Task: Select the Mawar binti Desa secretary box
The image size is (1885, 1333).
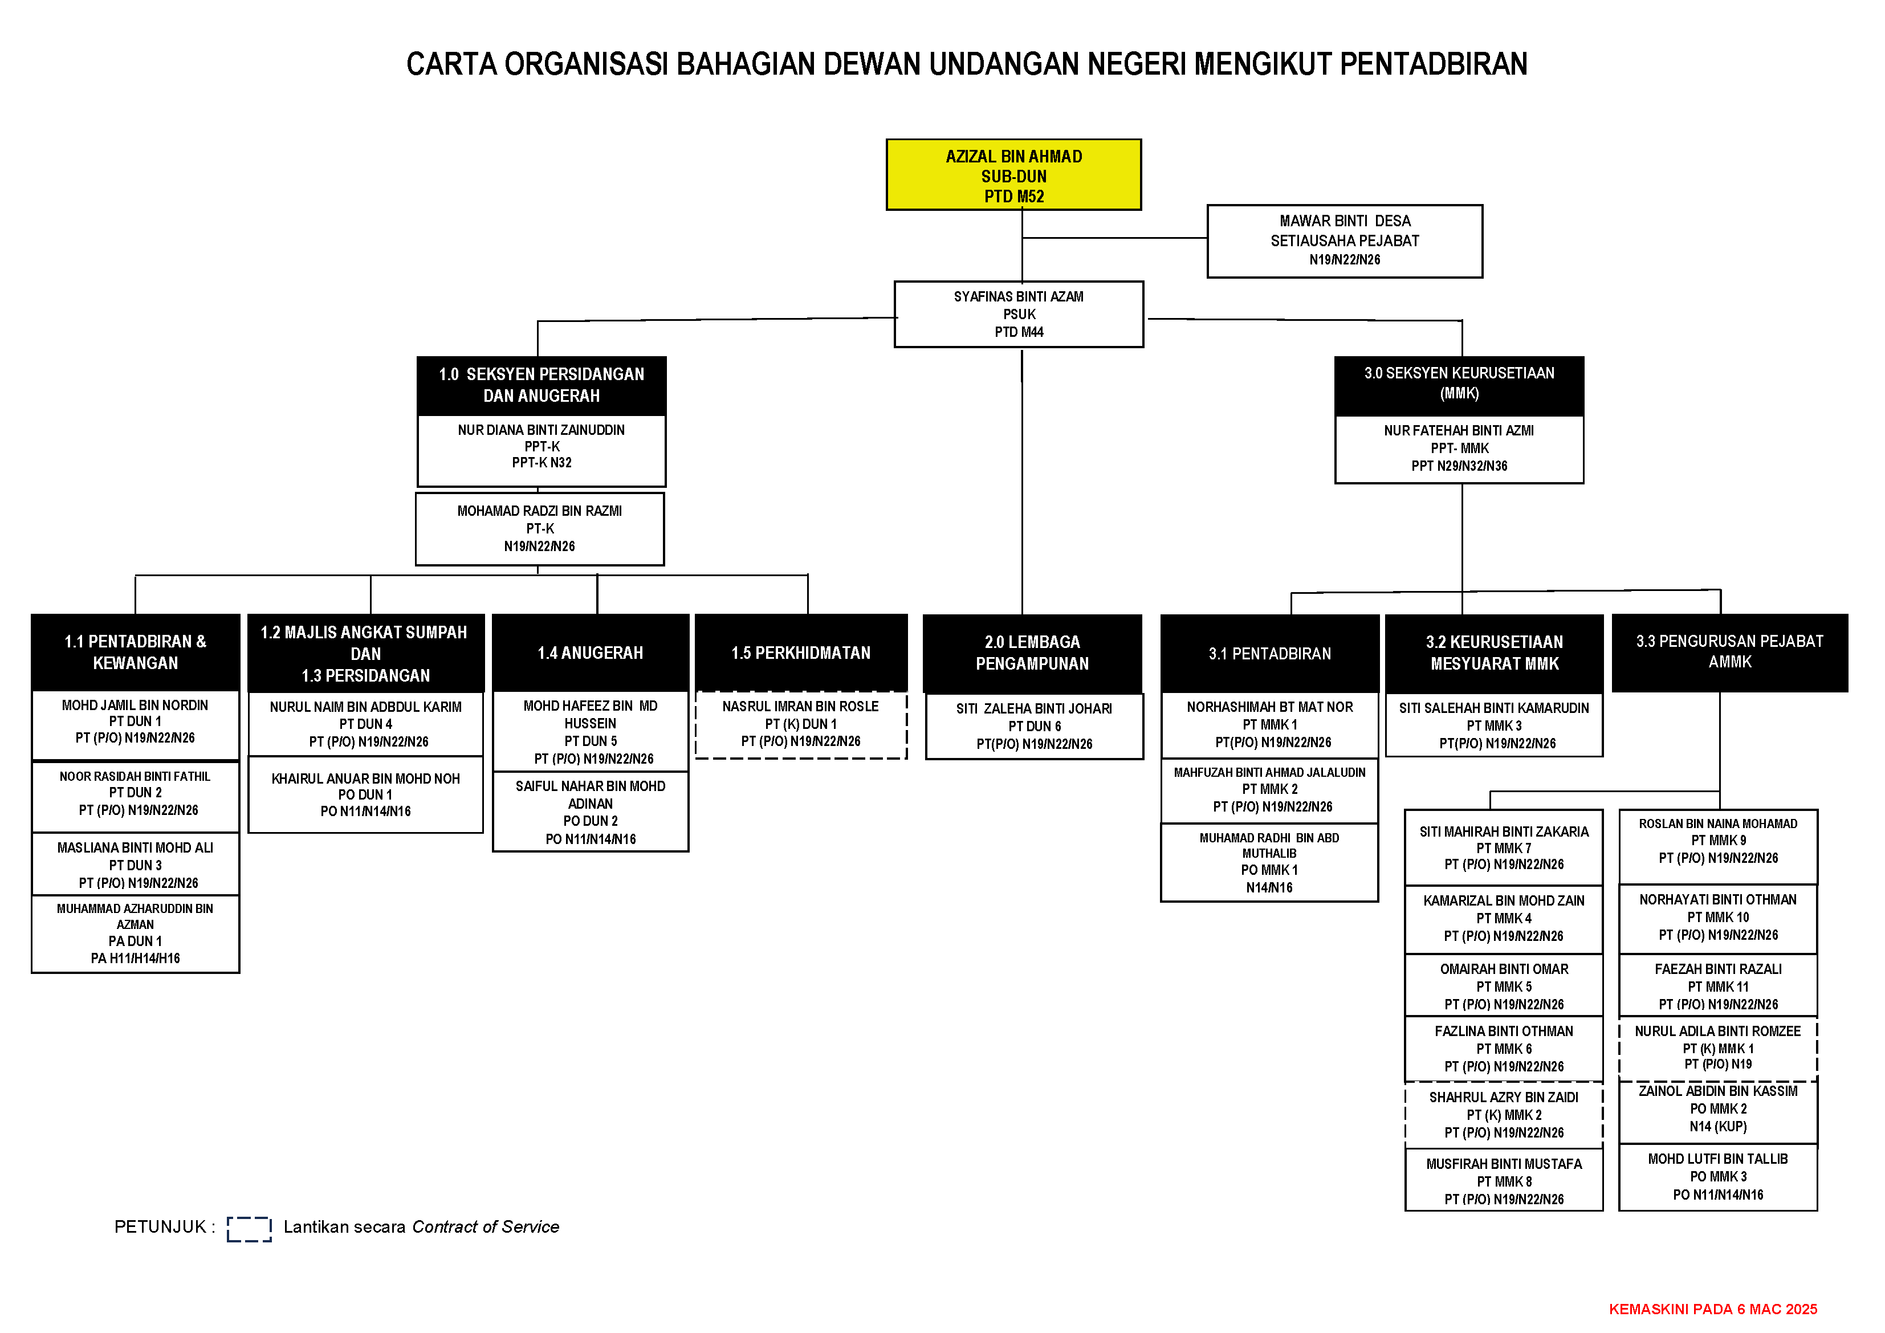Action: tap(1344, 240)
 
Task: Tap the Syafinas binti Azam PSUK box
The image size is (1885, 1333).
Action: tap(1018, 315)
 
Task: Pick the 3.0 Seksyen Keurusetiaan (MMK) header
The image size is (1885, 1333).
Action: tap(1458, 384)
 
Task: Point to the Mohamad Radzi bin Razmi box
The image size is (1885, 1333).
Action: tap(539, 529)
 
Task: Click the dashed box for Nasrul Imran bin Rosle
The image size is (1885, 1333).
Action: tap(800, 724)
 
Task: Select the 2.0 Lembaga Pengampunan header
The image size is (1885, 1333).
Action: tap(1032, 653)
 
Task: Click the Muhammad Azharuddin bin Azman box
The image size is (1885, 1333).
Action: tap(136, 933)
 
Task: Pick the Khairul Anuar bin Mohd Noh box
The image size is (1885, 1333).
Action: tap(365, 794)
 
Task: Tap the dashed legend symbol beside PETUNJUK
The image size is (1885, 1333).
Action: tap(249, 1229)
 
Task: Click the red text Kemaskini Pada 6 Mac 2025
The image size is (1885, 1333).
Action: tap(1713, 1309)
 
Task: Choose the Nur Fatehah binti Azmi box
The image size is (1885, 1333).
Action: tap(1458, 448)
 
